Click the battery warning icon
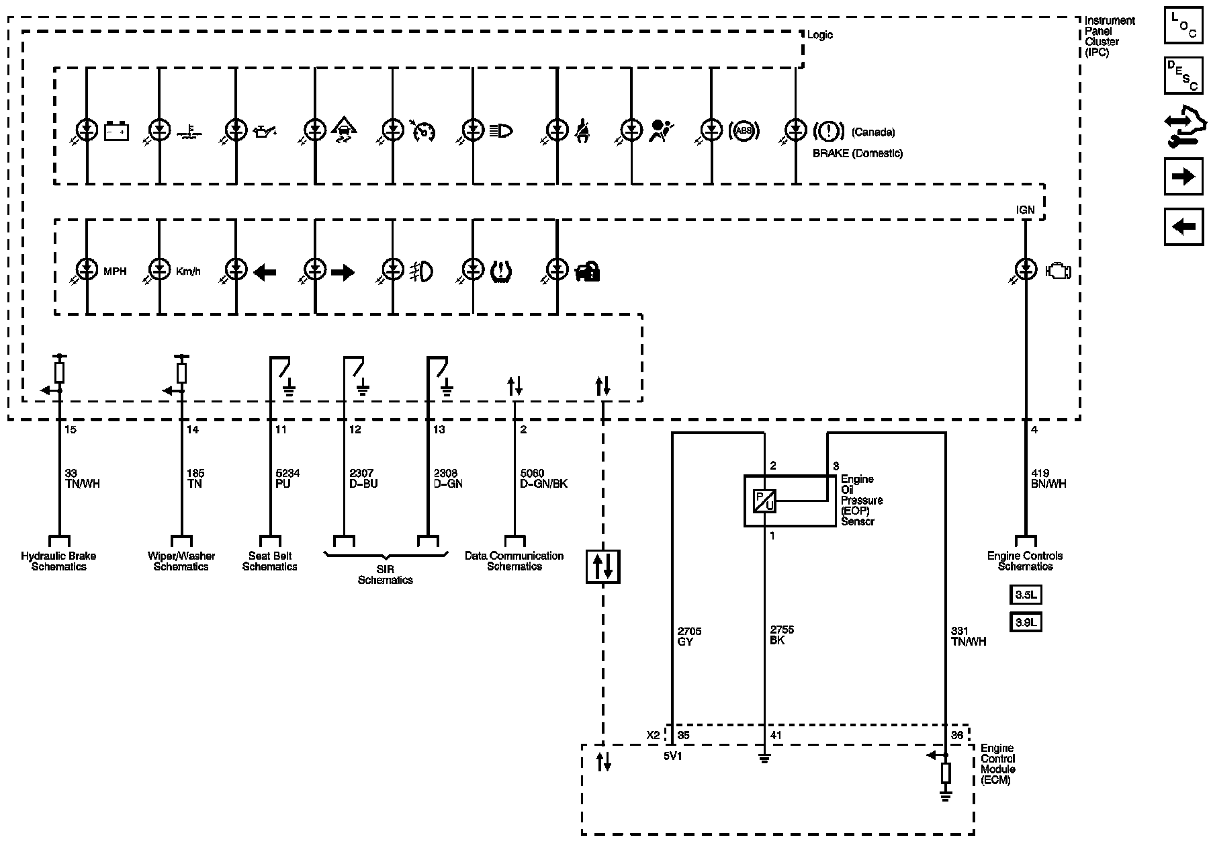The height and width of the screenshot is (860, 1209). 117,130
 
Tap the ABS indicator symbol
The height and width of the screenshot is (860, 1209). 744,131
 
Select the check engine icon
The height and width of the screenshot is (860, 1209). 1058,271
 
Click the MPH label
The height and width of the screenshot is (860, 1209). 115,271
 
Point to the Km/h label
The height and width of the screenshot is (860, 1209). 188,271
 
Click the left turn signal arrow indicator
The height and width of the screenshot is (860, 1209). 265,272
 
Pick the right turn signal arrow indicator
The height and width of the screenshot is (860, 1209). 343,272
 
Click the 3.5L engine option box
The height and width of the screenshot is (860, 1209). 1026,595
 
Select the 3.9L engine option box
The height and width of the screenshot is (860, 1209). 1026,623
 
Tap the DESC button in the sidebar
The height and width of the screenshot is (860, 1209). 1183,75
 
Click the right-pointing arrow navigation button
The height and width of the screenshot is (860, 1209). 1183,177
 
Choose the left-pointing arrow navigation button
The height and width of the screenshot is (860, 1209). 1183,226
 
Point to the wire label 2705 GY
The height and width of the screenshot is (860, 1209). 688,636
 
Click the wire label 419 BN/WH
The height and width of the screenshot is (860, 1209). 1047,478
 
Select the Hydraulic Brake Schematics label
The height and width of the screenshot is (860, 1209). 58,561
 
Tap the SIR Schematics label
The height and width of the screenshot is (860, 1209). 385,574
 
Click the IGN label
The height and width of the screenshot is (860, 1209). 1026,210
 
